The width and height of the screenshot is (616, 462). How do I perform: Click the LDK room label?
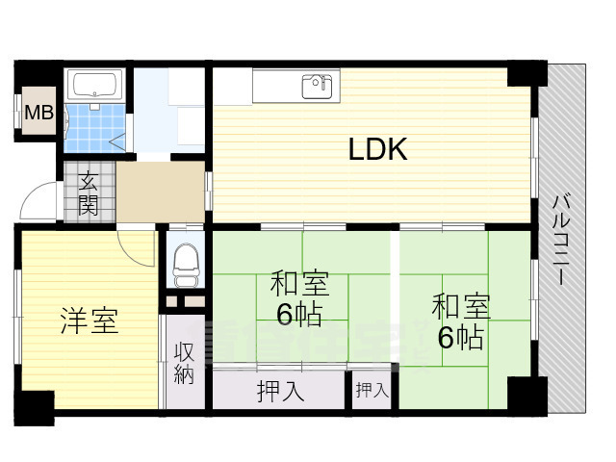377,149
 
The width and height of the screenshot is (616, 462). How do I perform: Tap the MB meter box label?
38,114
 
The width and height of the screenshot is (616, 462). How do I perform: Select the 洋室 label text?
90,321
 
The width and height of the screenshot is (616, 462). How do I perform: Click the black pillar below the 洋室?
33,407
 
